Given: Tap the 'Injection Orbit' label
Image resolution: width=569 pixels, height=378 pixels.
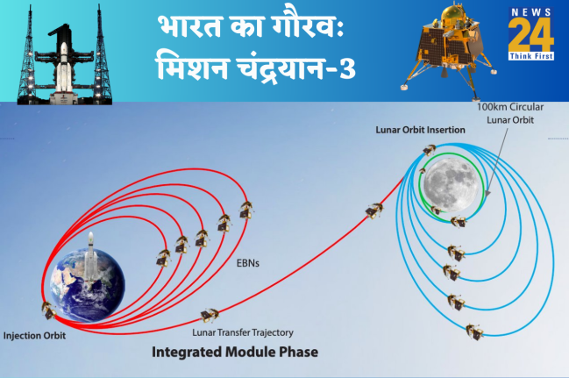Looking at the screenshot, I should click(x=34, y=334).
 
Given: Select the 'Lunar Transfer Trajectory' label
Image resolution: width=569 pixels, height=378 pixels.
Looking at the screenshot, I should click(x=242, y=332).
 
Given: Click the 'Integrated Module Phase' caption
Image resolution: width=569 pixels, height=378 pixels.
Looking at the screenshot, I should click(x=234, y=353).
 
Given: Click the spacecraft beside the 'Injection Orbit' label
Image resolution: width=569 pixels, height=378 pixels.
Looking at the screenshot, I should click(x=47, y=309).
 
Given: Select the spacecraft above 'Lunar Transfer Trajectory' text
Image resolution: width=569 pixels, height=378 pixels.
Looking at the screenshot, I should click(x=210, y=314).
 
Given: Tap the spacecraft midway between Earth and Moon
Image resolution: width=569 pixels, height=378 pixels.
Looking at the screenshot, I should click(x=374, y=210).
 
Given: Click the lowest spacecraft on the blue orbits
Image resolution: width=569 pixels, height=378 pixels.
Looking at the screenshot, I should click(x=473, y=332).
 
